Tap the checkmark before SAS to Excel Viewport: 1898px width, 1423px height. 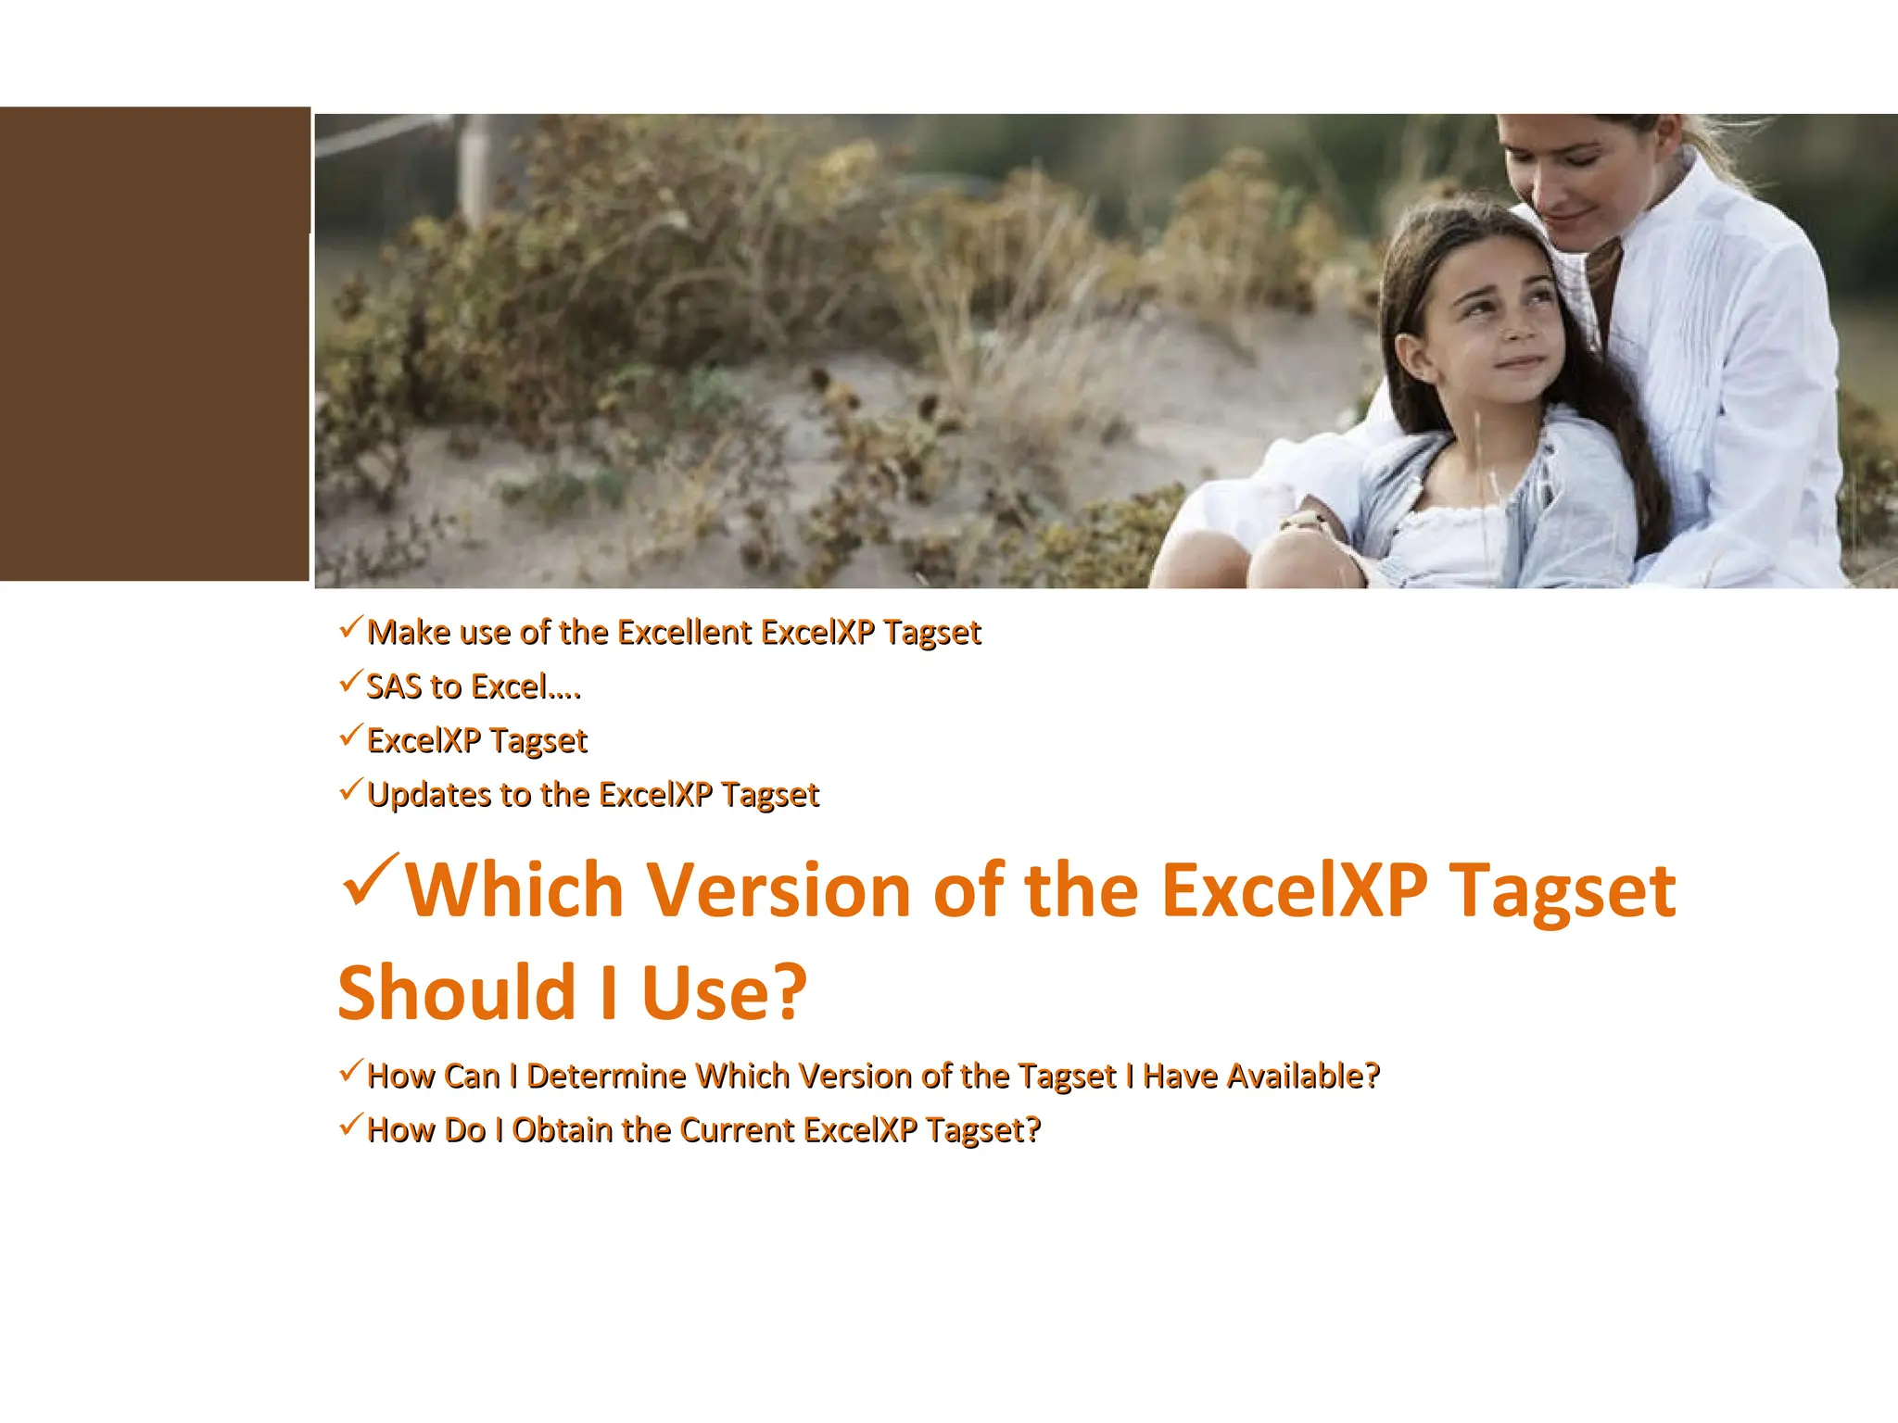click(349, 683)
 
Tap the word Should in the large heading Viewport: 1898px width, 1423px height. click(458, 993)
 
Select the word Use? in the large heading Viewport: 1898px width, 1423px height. click(724, 993)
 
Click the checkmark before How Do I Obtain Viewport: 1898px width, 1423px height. click(349, 1126)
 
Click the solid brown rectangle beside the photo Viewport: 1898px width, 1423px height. click(154, 344)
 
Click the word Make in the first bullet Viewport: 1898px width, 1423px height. click(408, 633)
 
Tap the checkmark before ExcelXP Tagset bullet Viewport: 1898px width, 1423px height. click(349, 737)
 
